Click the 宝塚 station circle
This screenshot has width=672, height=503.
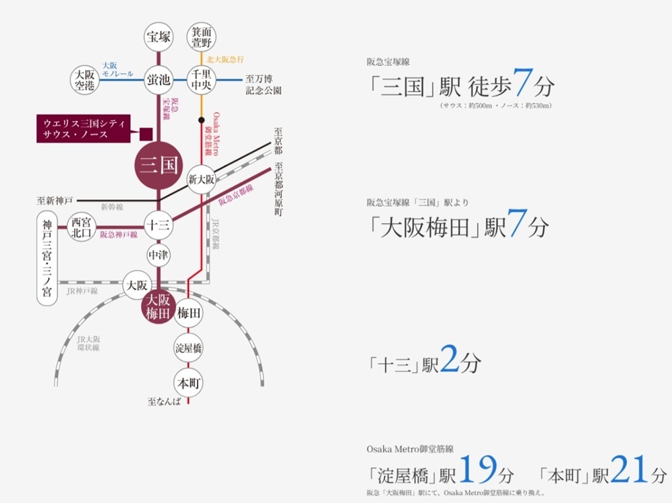tap(159, 37)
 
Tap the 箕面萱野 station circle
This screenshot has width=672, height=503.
tap(202, 37)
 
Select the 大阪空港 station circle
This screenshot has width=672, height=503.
tap(85, 80)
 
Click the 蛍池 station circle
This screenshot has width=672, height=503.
tap(159, 80)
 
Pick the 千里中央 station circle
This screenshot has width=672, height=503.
tap(202, 80)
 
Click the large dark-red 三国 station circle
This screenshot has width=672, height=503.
tap(159, 165)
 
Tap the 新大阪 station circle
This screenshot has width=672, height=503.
tap(202, 180)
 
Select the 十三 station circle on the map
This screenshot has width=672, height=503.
tap(159, 225)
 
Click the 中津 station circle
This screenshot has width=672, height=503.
tap(159, 255)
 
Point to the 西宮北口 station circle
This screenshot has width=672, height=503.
tap(81, 227)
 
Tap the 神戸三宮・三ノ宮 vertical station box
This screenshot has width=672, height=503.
tap(47, 258)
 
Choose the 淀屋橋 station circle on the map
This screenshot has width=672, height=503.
tap(188, 348)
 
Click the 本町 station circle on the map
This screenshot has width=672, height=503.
tap(188, 383)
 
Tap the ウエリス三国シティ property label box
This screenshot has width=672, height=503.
tap(83, 128)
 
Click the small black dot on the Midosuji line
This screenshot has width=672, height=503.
tap(202, 120)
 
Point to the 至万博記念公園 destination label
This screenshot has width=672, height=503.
tap(263, 85)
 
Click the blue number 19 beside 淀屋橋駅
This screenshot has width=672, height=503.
tap(478, 469)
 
